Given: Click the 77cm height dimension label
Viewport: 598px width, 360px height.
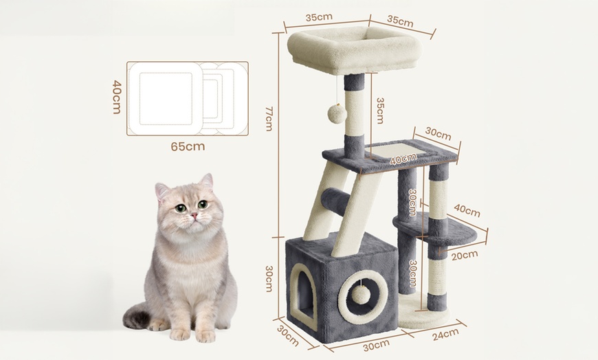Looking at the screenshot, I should click(269, 118).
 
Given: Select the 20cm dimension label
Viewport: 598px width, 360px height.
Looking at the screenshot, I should click(465, 255).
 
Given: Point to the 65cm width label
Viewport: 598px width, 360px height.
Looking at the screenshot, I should click(188, 146).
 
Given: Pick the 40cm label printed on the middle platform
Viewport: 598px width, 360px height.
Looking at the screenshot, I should click(403, 159).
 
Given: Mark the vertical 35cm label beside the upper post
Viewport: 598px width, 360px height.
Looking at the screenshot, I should click(379, 110).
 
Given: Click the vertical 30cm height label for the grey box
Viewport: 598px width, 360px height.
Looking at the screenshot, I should click(269, 278).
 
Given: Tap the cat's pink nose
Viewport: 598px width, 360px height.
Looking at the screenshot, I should click(195, 216).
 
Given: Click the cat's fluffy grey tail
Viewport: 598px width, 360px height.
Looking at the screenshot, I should click(138, 318).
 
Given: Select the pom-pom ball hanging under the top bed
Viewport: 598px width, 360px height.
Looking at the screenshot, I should click(337, 113).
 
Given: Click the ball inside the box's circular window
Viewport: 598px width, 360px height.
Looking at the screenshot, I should click(361, 294).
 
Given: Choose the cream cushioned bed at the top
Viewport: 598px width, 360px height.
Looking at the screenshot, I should click(353, 52).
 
